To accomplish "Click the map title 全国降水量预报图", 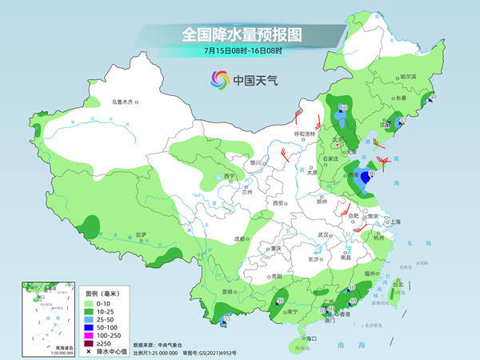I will (239, 34).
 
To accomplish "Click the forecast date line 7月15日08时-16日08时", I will (239, 53).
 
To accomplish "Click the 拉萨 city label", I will (141, 234).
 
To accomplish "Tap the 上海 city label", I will (394, 222).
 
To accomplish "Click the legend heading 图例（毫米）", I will (100, 294).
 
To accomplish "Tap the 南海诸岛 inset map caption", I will (55, 346).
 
